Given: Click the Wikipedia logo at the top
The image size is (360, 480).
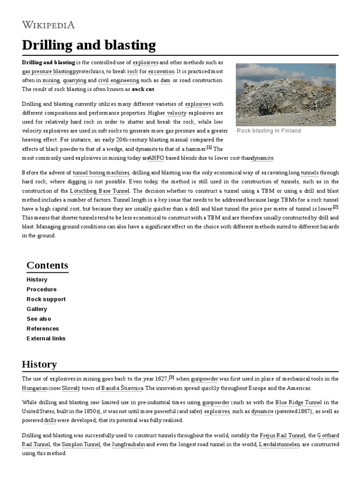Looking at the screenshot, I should point(48,25).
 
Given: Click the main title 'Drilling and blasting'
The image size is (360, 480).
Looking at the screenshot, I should point(89,45).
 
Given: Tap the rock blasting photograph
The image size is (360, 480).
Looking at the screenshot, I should point(285,94).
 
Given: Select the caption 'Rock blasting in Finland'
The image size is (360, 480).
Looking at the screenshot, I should point(269,131).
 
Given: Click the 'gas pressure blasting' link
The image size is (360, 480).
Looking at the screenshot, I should point(47,72).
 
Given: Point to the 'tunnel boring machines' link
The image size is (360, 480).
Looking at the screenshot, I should point(101,173).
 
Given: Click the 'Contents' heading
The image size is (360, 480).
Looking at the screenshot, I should point(47,265).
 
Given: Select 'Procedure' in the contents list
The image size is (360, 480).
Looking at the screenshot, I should point(42,289).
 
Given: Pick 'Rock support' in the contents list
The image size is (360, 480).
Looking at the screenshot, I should point(46,299).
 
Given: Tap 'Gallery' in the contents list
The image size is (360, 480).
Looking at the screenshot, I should point(37,309).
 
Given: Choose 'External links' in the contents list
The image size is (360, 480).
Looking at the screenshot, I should point(46,338).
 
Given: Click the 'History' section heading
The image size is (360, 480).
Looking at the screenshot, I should point(39,364).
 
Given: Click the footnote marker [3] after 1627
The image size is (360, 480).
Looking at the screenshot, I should point(172,377).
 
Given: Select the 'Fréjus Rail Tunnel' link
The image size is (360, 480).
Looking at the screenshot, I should point(283,435).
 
